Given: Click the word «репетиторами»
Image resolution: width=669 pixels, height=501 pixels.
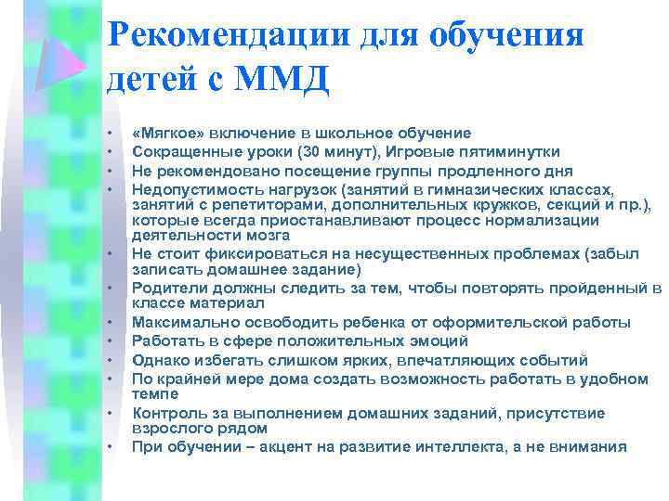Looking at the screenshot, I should pos(243,204).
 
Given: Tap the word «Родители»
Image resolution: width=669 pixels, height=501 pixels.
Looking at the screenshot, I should pos(166,289).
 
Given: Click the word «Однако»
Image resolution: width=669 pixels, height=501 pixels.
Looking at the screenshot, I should pos(160,360).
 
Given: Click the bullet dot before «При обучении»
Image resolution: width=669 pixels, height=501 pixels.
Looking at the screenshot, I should pos(110,447).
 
